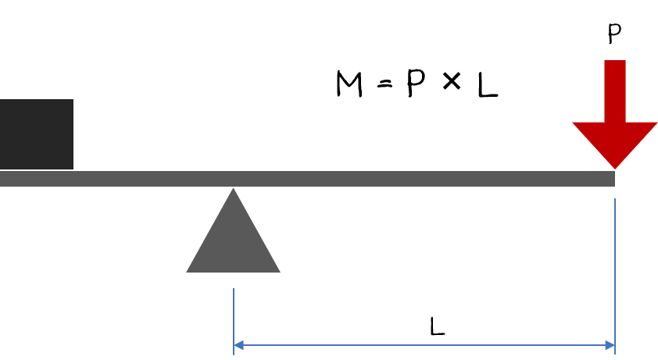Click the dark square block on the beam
click(x=36, y=134)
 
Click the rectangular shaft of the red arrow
click(x=615, y=91)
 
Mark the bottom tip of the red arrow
click(x=615, y=169)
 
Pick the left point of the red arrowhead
click(x=574, y=123)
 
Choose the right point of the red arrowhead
click(x=656, y=123)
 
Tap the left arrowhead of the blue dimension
click(x=238, y=345)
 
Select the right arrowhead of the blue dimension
click(x=610, y=345)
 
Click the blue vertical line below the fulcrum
click(x=234, y=320)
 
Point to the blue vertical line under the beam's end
click(x=615, y=273)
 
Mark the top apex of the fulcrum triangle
click(x=233, y=189)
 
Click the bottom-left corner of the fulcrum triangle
click(x=187, y=272)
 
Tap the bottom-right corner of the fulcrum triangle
click(x=279, y=272)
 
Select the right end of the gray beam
click(x=613, y=179)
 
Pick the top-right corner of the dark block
click(x=73, y=100)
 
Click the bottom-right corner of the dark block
click(x=73, y=169)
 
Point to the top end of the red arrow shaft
click(x=615, y=62)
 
